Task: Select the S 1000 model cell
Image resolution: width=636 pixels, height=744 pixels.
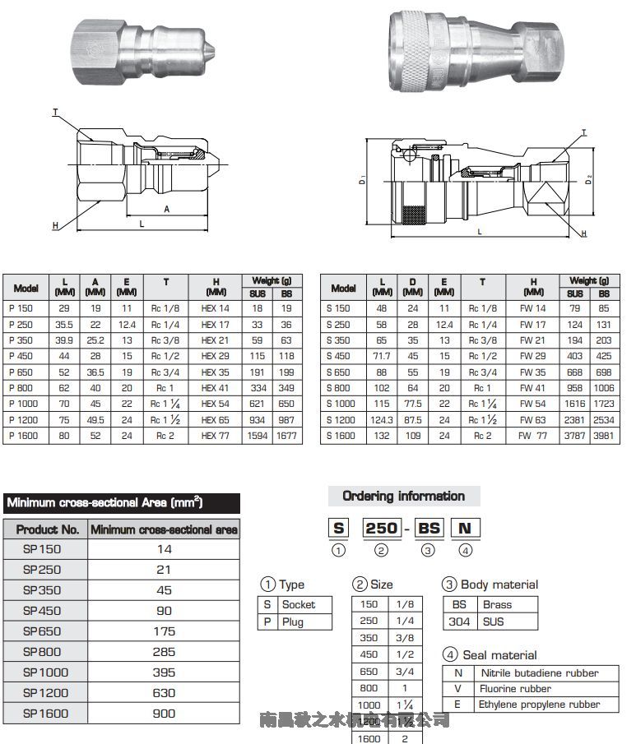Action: (x=341, y=404)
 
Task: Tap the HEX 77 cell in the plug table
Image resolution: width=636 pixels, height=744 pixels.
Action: (x=215, y=436)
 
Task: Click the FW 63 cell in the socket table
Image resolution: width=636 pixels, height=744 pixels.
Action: (x=532, y=420)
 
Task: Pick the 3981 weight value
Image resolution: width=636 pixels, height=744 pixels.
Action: (x=604, y=436)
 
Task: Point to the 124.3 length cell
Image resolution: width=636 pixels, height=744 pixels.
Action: (x=382, y=420)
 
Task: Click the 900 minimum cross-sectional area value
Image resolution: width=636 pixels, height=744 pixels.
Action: (x=164, y=714)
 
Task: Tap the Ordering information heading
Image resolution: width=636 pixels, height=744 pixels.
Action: (x=403, y=496)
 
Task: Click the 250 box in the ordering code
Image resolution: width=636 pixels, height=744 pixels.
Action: (x=381, y=528)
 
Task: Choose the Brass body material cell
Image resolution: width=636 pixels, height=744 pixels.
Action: (x=497, y=604)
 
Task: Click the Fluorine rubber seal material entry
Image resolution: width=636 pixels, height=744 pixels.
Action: (x=514, y=689)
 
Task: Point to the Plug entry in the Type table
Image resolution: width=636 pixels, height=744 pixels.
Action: (x=292, y=622)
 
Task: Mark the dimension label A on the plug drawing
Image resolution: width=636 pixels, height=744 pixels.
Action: (x=167, y=209)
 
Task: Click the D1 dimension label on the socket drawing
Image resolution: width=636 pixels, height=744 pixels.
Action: (x=363, y=179)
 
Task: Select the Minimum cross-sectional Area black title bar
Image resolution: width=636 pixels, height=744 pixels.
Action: (x=122, y=502)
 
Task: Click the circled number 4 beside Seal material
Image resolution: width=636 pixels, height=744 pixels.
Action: (x=450, y=655)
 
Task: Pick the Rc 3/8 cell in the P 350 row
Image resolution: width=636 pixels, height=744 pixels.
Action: (x=165, y=340)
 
